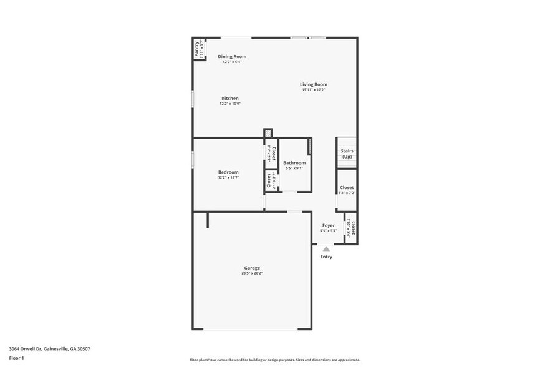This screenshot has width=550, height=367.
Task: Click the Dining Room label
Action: tap(231, 57)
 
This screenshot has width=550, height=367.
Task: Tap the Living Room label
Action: tap(314, 84)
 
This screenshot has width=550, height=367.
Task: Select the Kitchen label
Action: tap(230, 98)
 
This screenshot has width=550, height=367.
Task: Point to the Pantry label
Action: tap(196, 49)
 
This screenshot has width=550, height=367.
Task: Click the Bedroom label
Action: tap(228, 172)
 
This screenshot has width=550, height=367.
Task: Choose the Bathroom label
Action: tap(294, 163)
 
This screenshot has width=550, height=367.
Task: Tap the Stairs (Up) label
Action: tap(347, 154)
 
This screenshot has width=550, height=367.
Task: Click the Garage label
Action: tap(252, 268)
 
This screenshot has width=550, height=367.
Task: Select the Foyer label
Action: tap(329, 225)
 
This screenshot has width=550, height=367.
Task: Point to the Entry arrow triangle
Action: tap(326, 248)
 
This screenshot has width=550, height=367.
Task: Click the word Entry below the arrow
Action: tap(326, 257)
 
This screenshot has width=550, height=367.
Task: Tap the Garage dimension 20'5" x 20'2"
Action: tap(252, 273)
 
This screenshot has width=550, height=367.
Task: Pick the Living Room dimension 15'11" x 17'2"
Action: tap(314, 90)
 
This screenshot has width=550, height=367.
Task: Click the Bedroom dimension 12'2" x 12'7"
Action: tap(228, 178)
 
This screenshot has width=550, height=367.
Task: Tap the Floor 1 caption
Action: tap(16, 358)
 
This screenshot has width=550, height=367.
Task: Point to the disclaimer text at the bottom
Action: tap(274, 360)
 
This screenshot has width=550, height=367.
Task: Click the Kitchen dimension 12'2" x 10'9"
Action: tap(230, 104)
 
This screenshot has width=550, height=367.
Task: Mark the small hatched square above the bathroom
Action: tap(268, 133)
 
